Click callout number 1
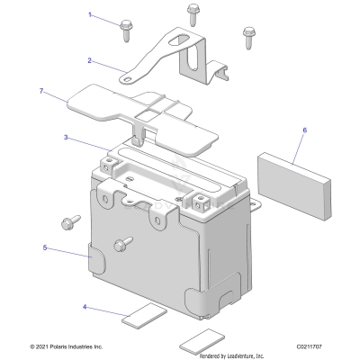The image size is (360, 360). pos(90,15)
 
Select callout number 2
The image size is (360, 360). pos(90,60)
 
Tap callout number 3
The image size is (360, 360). pos(66,138)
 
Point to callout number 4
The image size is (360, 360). pos(85,307)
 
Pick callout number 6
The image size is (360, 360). pos(304,130)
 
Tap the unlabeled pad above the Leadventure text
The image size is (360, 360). pos(203,340)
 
